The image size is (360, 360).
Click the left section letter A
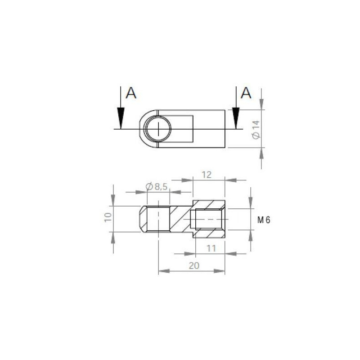130,93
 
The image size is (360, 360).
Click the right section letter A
246,93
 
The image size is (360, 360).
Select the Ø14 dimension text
256,129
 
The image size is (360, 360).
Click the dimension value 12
207,174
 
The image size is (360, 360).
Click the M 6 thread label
264,220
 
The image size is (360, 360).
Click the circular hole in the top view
158,129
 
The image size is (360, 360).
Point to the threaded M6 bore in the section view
207,219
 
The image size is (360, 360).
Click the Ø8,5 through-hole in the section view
158,219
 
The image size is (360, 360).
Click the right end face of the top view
225,129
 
